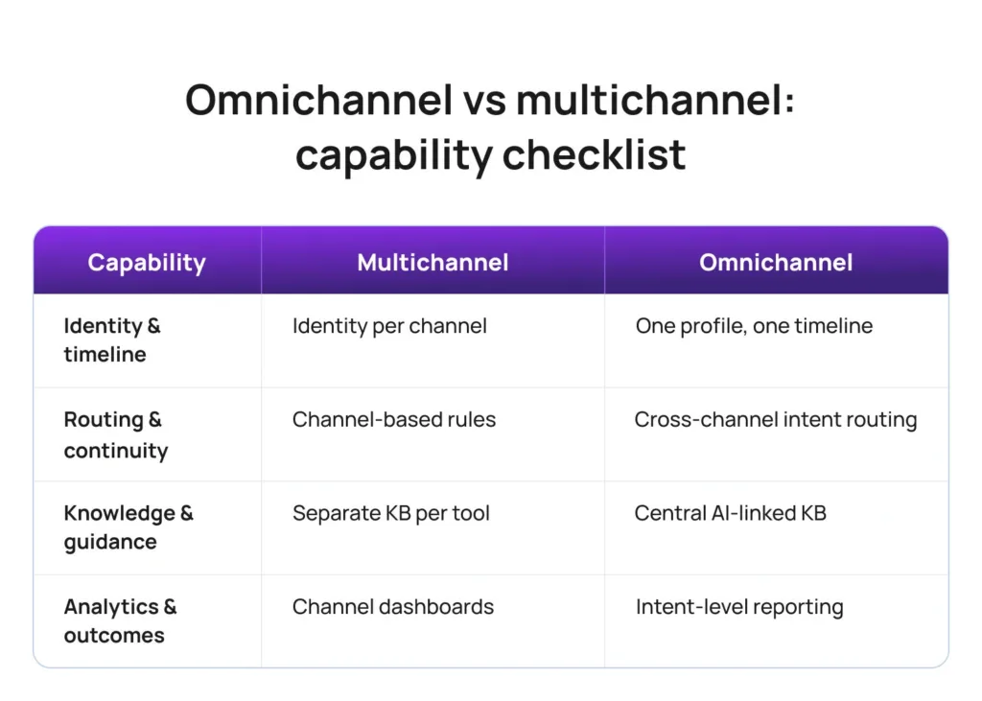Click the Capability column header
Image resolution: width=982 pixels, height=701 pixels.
coord(147,262)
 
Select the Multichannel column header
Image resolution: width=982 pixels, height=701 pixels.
coord(433,262)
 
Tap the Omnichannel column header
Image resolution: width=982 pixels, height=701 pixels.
coord(776,262)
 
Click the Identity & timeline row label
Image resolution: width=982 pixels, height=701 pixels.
coord(111,339)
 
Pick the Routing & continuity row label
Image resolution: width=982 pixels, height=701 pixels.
coord(115,434)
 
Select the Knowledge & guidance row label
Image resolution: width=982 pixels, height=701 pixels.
coord(128,527)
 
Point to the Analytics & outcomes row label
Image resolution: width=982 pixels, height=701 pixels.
coord(120,620)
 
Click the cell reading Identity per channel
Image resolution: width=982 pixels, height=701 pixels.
coord(389,326)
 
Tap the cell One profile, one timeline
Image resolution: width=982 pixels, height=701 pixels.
coord(754,326)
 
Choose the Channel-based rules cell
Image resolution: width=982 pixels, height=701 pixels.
coord(394,419)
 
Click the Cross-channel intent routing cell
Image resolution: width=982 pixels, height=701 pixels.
coord(775,419)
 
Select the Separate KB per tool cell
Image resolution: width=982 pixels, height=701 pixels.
coord(390,513)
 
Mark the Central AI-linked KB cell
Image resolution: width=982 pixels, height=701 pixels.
coord(730,513)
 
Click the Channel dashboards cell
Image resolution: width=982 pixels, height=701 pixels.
coord(393,606)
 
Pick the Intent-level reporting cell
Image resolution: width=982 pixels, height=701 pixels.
coord(739,606)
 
